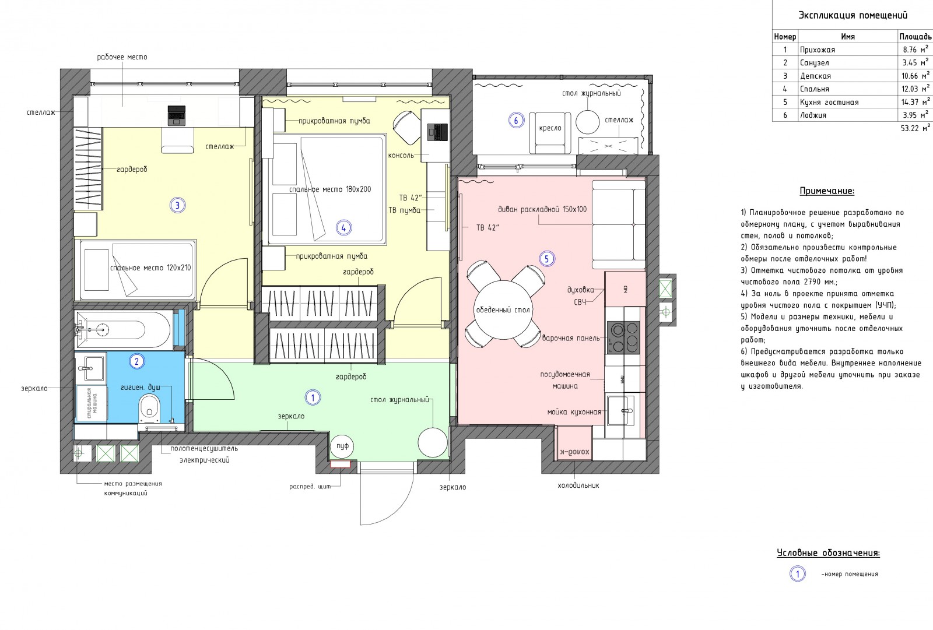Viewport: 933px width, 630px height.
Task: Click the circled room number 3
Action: click(x=177, y=205)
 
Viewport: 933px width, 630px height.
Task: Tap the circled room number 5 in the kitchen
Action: click(x=547, y=259)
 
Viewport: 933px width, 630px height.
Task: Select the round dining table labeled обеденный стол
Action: click(x=503, y=310)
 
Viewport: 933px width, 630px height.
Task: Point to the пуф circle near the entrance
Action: click(x=342, y=446)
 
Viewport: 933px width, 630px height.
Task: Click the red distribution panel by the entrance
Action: click(x=341, y=464)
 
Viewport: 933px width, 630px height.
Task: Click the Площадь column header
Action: click(x=915, y=37)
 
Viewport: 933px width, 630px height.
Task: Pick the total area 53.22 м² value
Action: click(x=915, y=128)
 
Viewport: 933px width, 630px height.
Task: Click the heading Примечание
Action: click(x=827, y=191)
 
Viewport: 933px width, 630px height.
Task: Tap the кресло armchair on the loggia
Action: click(x=550, y=133)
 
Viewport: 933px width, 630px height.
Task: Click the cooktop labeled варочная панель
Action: click(x=623, y=337)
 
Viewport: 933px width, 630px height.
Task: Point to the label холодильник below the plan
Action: click(x=578, y=485)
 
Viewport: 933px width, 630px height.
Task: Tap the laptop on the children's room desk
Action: click(x=176, y=115)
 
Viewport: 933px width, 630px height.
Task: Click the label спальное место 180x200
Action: click(x=330, y=189)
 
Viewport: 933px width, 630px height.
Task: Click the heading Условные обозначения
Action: click(x=829, y=553)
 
